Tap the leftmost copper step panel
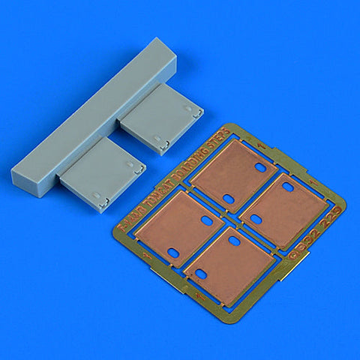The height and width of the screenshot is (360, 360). pyautogui.click(x=189, y=227)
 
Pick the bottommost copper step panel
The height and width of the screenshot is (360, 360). pyautogui.click(x=230, y=263)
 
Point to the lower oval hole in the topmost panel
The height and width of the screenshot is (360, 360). pyautogui.click(x=228, y=199)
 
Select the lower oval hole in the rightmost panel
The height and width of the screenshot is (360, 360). pyautogui.click(x=255, y=219)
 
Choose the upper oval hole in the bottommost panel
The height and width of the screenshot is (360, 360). pyautogui.click(x=234, y=241)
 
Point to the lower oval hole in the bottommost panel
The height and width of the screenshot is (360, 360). pyautogui.click(x=201, y=274)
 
